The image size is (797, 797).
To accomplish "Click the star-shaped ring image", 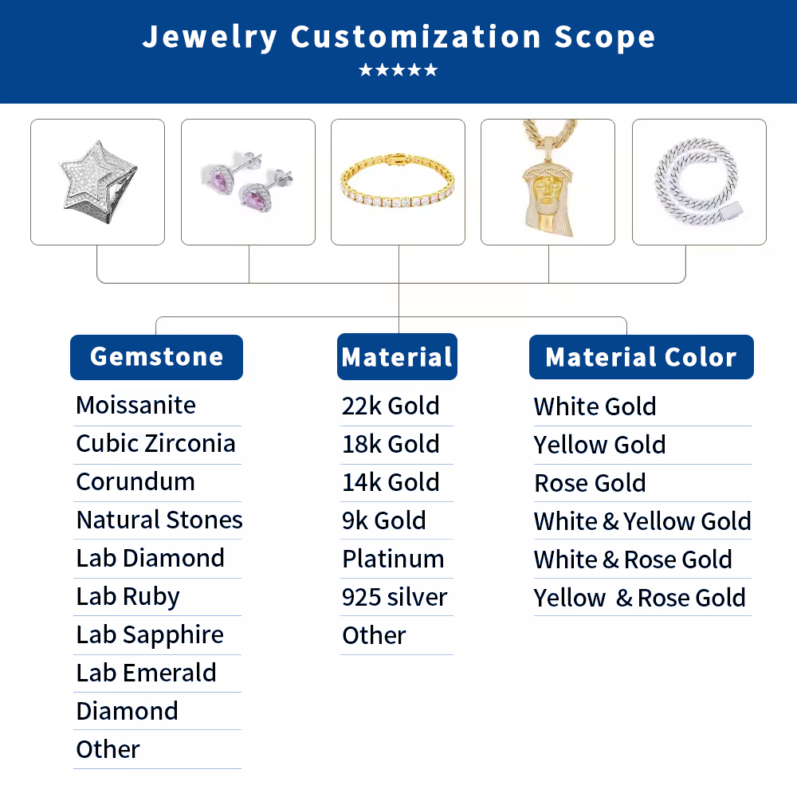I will (97, 182).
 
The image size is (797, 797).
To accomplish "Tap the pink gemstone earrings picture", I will (248, 182).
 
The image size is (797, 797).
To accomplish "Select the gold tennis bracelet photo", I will (398, 182).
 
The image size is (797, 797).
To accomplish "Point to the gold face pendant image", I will (548, 182).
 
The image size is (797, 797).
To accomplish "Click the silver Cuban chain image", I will (699, 182).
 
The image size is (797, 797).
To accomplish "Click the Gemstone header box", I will (156, 357).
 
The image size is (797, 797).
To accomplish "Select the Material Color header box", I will (641, 357).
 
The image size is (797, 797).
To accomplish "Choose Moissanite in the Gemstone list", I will (135, 406).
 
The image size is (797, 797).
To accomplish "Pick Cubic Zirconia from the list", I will (155, 444).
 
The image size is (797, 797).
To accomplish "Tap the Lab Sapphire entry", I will (150, 635).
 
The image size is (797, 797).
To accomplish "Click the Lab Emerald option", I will (146, 673).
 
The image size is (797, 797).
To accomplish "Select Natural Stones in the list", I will (159, 520).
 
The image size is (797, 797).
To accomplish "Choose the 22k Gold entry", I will (391, 406).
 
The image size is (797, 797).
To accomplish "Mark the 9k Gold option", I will (383, 521).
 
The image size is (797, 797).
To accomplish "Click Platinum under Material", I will (393, 559).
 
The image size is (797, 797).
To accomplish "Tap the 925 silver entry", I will (395, 598).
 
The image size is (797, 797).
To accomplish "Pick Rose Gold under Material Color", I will (590, 484).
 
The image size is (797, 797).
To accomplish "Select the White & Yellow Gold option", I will (642, 522).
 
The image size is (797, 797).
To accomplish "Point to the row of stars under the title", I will (398, 70).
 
